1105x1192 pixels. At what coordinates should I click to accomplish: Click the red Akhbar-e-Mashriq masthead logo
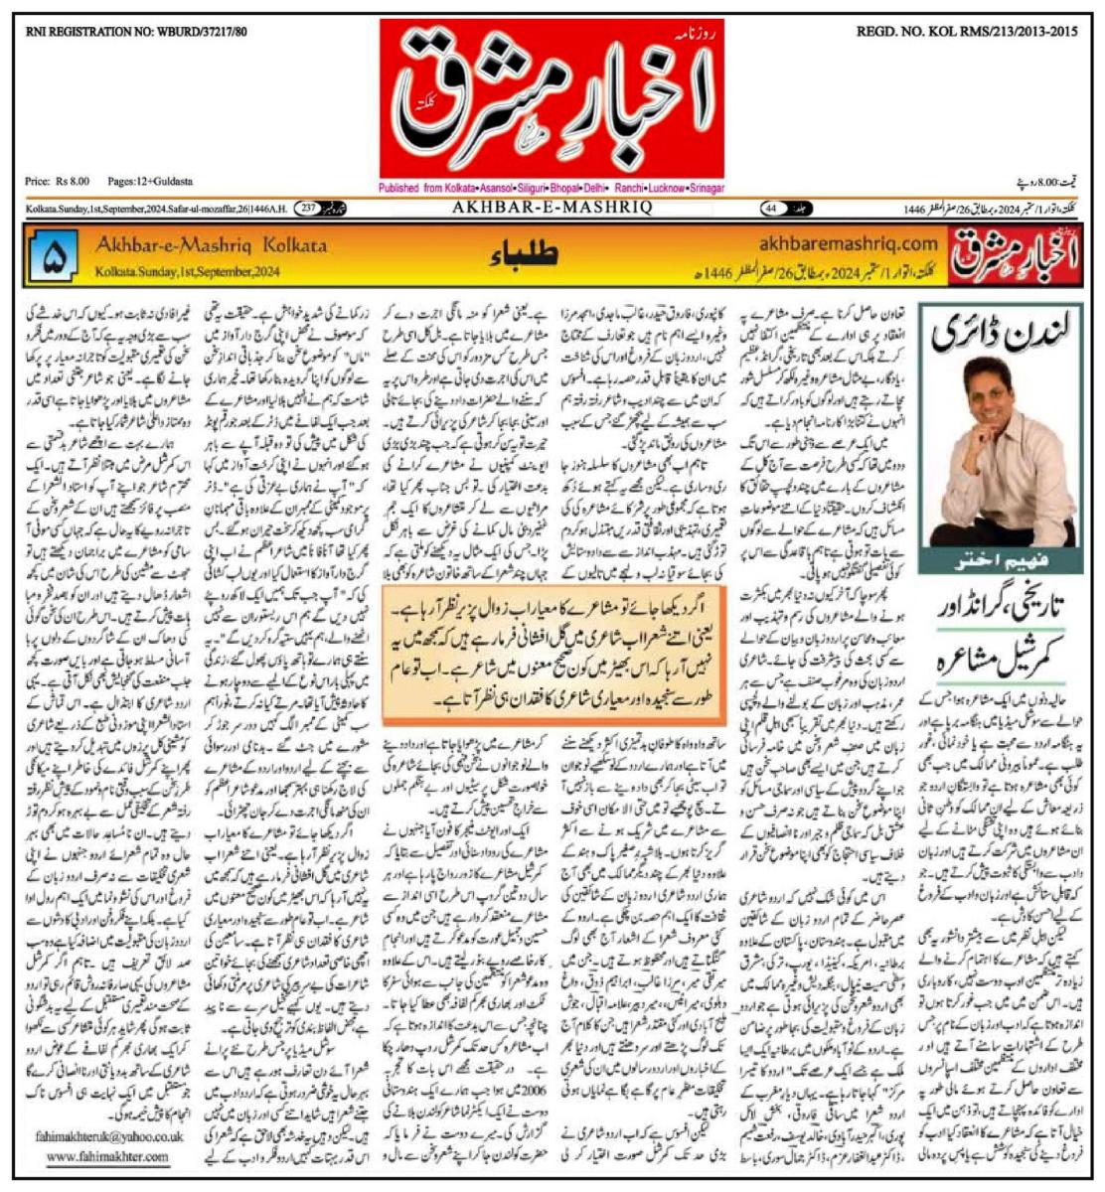[552, 100]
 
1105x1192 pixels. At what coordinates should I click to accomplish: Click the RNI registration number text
[136, 32]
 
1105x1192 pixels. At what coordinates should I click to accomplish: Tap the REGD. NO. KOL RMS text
[966, 32]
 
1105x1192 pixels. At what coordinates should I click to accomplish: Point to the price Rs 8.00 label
[58, 182]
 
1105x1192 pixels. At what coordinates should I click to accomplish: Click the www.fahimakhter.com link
[107, 1157]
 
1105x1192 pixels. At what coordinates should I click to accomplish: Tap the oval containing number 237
[306, 208]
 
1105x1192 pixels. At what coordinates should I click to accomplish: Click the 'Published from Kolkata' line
[552, 188]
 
